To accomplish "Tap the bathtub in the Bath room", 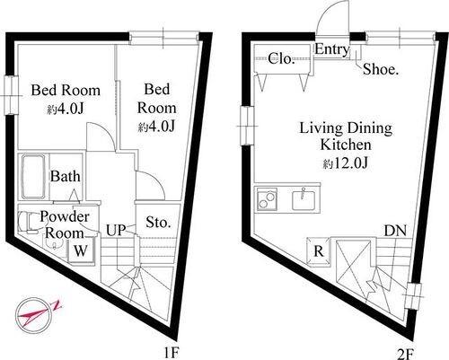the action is (33, 176).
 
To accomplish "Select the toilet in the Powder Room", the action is (27, 222).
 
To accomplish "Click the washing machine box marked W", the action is (81, 250).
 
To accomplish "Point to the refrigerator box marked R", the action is (319, 251).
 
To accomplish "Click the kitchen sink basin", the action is (304, 199).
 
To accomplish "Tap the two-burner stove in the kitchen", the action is (267, 199).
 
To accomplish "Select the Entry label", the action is (331, 49).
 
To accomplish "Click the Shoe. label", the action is (381, 69).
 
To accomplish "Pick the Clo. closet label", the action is (282, 58).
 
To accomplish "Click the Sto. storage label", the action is (158, 223).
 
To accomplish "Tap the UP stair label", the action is (116, 231).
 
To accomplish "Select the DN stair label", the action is (395, 231).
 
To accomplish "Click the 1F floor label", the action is (172, 354).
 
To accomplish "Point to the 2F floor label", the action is (405, 355).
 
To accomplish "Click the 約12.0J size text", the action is (345, 163).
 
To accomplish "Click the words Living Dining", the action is (346, 128).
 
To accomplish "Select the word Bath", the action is (66, 176).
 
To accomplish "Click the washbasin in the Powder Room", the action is (54, 246).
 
